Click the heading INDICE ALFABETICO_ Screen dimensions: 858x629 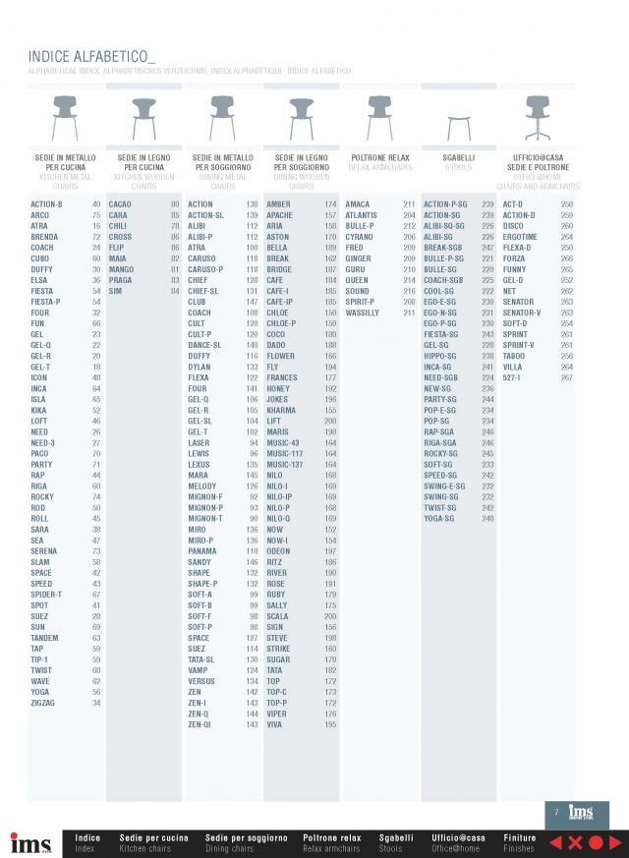(91, 57)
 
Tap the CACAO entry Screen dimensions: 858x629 (121, 204)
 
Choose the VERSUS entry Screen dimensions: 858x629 (200, 681)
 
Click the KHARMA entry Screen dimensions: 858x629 (281, 410)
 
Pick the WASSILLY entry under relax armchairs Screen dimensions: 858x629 (362, 313)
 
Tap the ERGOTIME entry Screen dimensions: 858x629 (520, 237)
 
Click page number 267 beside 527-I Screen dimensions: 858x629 (566, 377)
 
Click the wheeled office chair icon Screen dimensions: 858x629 (537, 118)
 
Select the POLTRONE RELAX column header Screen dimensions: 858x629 (379, 157)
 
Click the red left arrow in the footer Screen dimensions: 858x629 (554, 842)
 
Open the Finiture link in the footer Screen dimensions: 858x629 (519, 837)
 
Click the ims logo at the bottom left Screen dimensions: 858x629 (29, 843)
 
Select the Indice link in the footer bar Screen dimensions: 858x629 (87, 837)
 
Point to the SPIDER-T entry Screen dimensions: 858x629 (46, 595)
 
